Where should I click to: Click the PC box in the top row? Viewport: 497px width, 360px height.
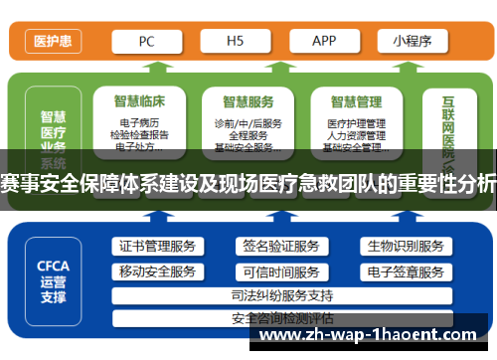tap(146, 42)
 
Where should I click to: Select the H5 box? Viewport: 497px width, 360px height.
tap(236, 42)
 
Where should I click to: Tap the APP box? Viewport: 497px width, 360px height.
tap(325, 42)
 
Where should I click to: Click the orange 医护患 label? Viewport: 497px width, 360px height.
tap(51, 42)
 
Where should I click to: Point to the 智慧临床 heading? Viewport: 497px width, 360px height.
tap(140, 101)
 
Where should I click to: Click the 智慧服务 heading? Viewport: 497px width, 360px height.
tap(248, 101)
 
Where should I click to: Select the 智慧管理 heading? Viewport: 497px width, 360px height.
tap(357, 101)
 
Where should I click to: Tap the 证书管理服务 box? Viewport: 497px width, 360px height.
tap(157, 246)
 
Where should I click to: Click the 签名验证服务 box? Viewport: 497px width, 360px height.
tap(281, 246)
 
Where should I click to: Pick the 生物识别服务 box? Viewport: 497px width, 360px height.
tap(405, 246)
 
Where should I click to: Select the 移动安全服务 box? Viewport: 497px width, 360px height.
tap(157, 271)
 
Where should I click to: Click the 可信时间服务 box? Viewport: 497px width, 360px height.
tap(281, 271)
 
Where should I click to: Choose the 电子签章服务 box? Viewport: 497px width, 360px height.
tap(405, 271)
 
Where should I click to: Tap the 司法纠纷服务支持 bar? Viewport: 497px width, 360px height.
tap(281, 295)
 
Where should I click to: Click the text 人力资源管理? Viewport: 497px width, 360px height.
tap(356, 135)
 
